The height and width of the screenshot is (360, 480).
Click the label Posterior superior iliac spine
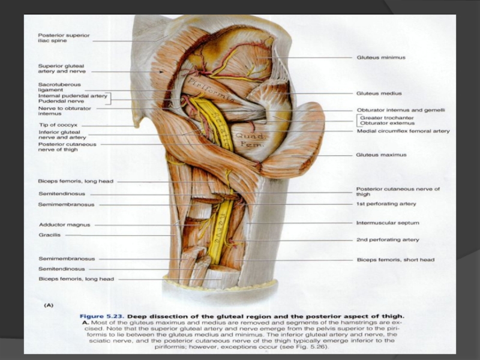(x=64, y=38)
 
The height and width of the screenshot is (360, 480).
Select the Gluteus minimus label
(x=381, y=58)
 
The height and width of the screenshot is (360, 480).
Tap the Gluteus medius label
(x=379, y=94)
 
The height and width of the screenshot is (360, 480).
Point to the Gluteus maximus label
(x=381, y=155)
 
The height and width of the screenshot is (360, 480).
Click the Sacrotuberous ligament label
(x=59, y=88)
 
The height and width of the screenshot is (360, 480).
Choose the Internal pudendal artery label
(x=73, y=96)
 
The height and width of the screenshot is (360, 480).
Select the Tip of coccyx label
(x=56, y=124)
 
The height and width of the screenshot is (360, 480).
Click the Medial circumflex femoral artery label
(x=403, y=131)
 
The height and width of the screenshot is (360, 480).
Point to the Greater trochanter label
(x=388, y=118)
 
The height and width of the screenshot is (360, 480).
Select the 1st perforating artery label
(x=386, y=204)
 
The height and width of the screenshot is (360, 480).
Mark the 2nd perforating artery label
(x=387, y=239)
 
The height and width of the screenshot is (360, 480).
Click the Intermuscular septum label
(x=387, y=223)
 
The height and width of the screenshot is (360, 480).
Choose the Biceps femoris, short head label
(x=395, y=260)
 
